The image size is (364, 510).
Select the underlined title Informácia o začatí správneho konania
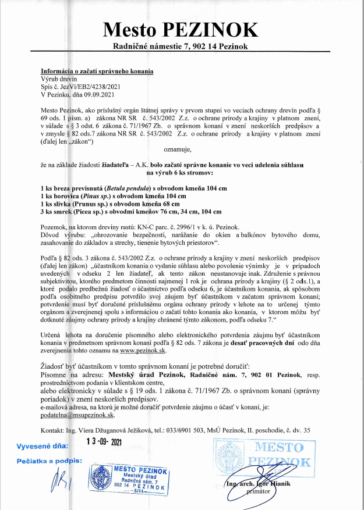(x=97, y=71)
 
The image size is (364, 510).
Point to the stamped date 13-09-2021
(x=107, y=442)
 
